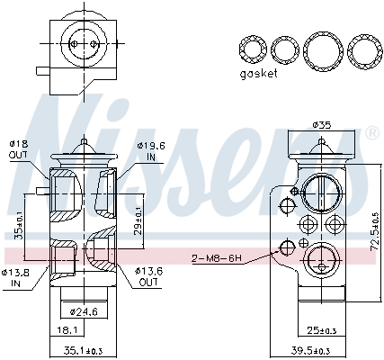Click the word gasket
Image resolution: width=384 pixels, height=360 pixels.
(257, 75)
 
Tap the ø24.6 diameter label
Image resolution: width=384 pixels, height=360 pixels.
(84, 311)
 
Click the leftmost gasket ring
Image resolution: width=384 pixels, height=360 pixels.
(253, 49)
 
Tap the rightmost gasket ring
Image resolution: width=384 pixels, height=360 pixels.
(362, 49)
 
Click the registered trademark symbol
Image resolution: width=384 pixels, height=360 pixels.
(371, 134)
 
